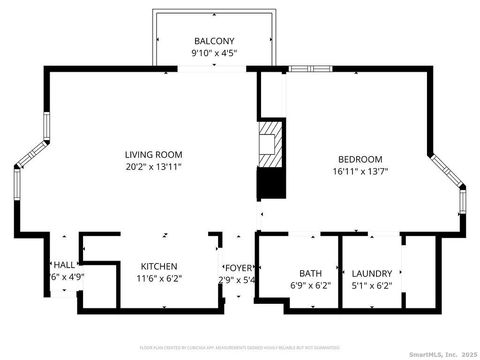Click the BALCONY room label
point(215,41)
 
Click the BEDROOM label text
point(359,159)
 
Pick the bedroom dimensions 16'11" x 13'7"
point(359,171)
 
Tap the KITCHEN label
point(159,266)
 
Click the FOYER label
point(239,267)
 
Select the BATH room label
point(309,273)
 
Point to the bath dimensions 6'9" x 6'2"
point(309,285)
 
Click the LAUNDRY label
point(372,273)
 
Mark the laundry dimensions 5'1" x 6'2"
point(372,285)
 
